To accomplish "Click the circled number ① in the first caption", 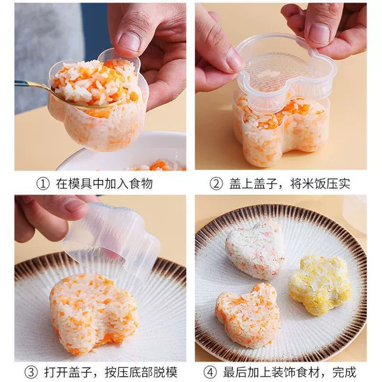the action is click(x=43, y=183).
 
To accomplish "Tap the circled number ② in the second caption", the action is click(x=216, y=183).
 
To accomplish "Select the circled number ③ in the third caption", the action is click(x=31, y=372).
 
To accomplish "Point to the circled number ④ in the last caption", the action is click(x=210, y=372).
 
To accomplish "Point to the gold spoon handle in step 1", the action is click(x=32, y=85).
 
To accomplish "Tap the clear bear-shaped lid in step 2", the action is click(x=288, y=73).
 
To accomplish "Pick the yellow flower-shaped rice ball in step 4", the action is click(x=320, y=284).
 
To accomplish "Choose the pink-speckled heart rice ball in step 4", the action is click(x=255, y=248).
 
